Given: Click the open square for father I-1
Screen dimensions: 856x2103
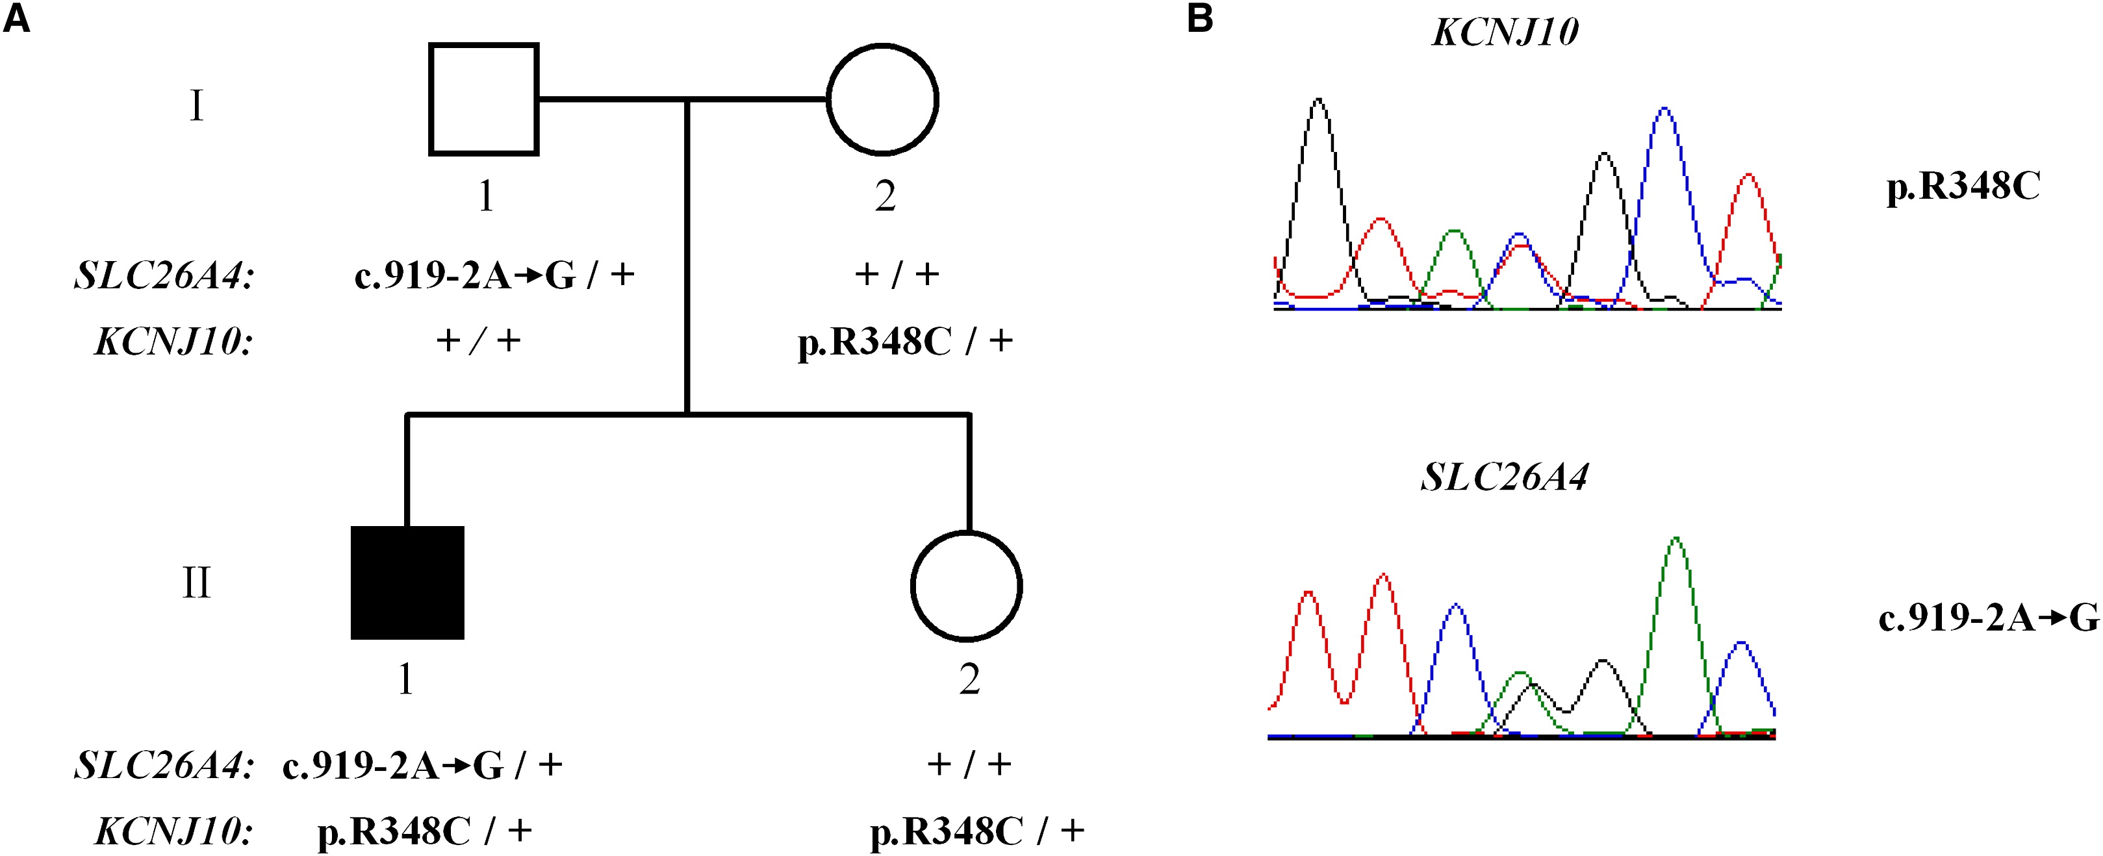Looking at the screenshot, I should [x=483, y=99].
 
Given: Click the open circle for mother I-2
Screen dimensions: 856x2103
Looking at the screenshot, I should [x=882, y=99].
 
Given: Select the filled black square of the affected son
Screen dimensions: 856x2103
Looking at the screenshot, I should [x=407, y=582].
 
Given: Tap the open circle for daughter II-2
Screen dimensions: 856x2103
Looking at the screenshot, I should [x=967, y=586].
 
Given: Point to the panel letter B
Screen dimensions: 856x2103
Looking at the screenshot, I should [x=1199, y=18].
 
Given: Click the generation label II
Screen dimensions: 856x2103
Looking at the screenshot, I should [x=196, y=583].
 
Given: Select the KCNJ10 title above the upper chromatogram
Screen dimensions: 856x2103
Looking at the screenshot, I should [x=1505, y=32].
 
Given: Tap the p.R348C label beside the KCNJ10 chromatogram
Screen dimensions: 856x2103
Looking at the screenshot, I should [x=1963, y=188].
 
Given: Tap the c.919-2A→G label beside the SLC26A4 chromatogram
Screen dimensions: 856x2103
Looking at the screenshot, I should [x=1988, y=618].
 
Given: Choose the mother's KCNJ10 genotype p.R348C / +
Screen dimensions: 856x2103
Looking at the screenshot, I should [x=904, y=342].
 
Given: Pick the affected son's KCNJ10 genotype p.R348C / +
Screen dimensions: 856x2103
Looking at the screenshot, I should [x=424, y=831].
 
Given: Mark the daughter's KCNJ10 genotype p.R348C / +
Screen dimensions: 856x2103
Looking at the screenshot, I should [x=977, y=831].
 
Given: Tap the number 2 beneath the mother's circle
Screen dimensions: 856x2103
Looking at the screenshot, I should [x=886, y=197].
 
